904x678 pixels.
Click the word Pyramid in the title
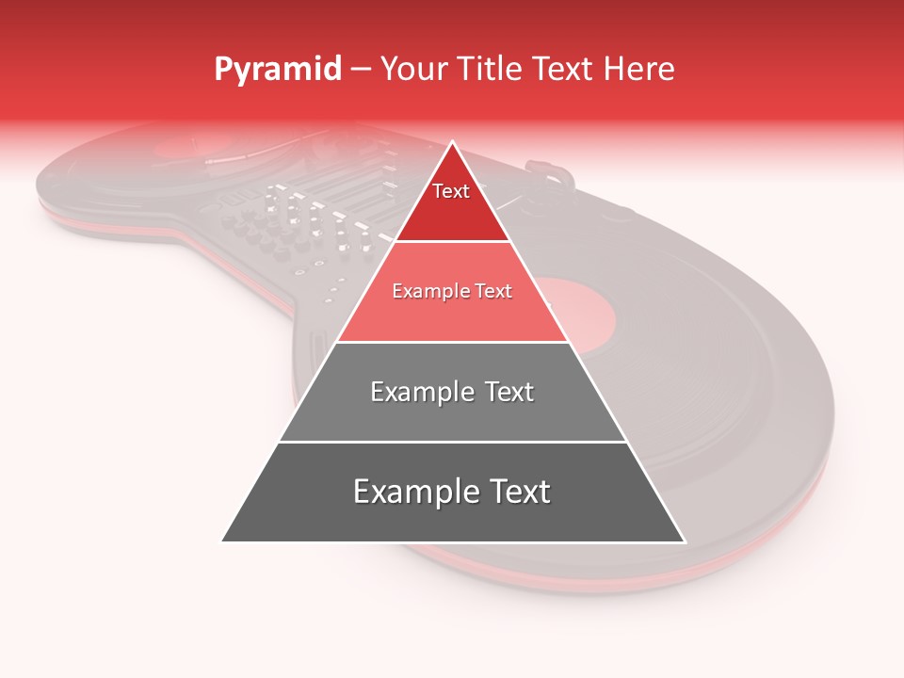point(278,70)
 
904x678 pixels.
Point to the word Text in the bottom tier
point(517,492)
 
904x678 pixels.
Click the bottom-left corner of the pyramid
point(223,541)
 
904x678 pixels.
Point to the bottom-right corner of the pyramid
point(684,541)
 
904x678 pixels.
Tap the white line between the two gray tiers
point(452,442)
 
